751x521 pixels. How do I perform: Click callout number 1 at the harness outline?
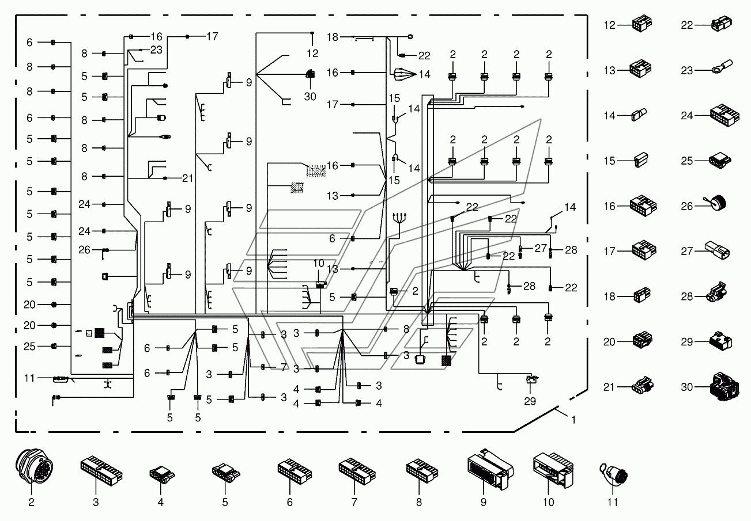coord(572,420)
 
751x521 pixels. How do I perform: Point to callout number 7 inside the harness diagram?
coord(284,367)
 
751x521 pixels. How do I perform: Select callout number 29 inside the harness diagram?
coord(530,401)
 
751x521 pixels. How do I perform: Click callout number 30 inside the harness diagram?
coord(310,96)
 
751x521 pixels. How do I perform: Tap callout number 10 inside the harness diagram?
coord(319,263)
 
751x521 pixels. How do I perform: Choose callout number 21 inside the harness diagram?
coord(187,178)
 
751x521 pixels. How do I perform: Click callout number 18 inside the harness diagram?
coord(332,37)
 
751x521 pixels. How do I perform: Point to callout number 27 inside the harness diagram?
coord(539,248)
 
